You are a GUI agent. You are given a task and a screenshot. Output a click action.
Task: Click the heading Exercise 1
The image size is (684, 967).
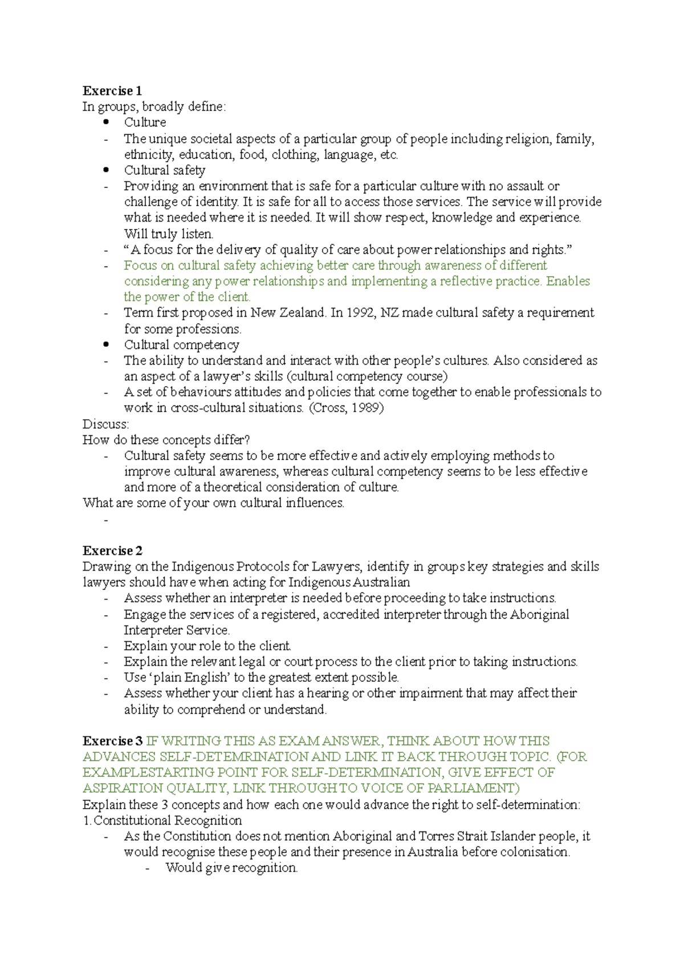click(x=112, y=91)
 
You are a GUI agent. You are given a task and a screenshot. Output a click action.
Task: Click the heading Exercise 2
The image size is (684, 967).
click(x=112, y=551)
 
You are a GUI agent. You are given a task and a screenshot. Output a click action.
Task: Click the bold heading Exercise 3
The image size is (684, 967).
click(x=112, y=741)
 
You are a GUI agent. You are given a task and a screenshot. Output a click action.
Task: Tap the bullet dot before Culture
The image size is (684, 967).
click(x=105, y=122)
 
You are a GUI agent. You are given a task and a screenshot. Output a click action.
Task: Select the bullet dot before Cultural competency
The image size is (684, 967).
click(x=105, y=345)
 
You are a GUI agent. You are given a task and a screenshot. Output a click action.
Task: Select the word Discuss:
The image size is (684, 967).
click(x=106, y=424)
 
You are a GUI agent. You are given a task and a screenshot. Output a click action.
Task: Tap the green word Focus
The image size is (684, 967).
click(x=140, y=265)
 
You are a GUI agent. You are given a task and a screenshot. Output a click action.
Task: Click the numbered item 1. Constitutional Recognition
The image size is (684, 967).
click(x=162, y=821)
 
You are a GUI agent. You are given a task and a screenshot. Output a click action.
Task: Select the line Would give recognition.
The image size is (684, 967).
click(x=231, y=868)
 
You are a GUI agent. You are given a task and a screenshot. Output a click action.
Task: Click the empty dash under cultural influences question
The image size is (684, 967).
click(x=106, y=519)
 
